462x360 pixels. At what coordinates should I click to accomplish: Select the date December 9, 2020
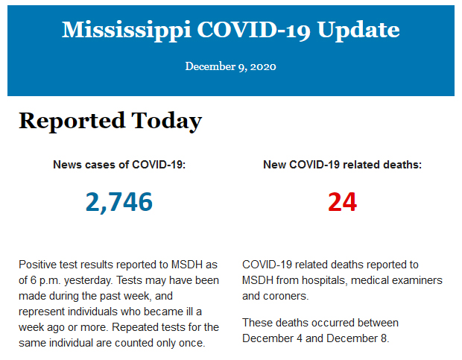coord(231,66)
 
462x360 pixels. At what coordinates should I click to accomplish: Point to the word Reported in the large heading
coord(72,121)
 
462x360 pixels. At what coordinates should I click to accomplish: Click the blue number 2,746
coord(119,201)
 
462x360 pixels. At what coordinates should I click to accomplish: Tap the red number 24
coord(342,201)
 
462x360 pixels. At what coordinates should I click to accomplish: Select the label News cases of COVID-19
coord(119,164)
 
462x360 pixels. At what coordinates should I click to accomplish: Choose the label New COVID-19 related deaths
coord(342,164)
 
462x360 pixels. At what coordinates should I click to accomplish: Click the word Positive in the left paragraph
coord(38,265)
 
